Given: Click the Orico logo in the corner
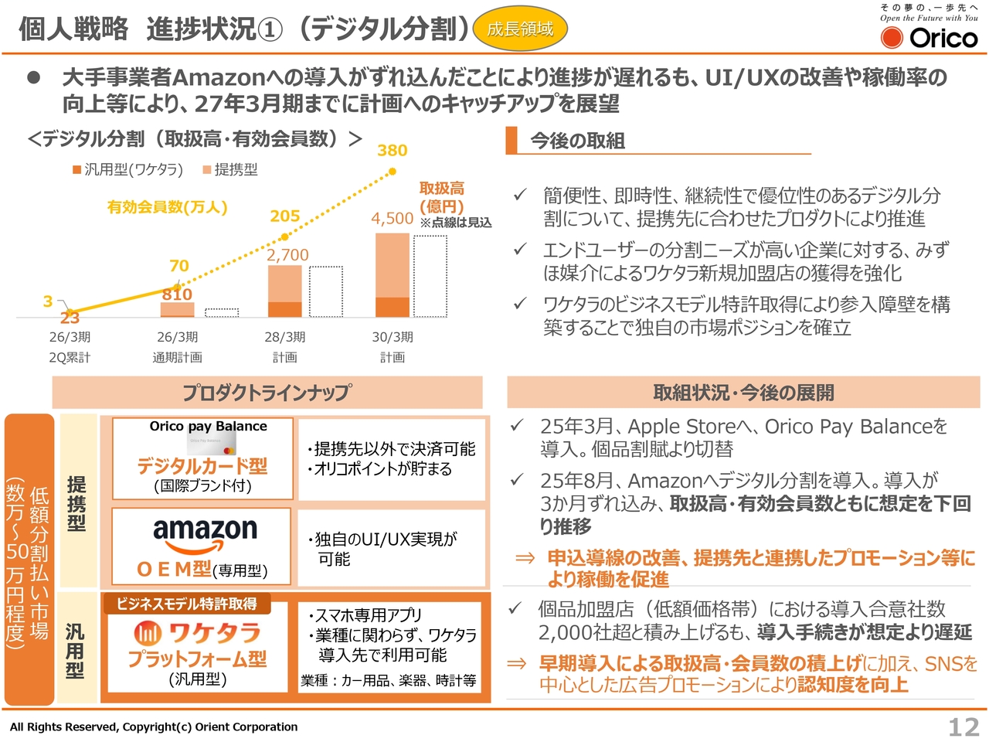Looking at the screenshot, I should [x=929, y=36].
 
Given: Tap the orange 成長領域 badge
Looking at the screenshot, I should [x=520, y=29].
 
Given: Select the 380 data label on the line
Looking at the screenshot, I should [x=393, y=150].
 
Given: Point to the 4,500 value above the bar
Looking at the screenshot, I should [x=393, y=219].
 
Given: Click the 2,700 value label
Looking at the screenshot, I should [x=287, y=255].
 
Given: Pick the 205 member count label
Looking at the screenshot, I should [x=285, y=216].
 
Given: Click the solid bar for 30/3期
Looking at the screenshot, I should [x=393, y=275].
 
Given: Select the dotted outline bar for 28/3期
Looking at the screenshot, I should [x=326, y=291].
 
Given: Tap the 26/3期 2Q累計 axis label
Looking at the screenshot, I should [x=70, y=347].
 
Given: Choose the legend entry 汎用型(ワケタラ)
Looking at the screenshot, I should [x=128, y=170].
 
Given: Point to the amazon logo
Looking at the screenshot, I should [x=205, y=533].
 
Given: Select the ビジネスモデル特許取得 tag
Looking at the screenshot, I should [x=187, y=604].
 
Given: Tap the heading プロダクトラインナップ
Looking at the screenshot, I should [x=267, y=393].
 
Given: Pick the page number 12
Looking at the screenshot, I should [x=964, y=727].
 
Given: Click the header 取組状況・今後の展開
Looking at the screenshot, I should [x=743, y=393].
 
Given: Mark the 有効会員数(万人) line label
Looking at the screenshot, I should [x=168, y=207].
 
